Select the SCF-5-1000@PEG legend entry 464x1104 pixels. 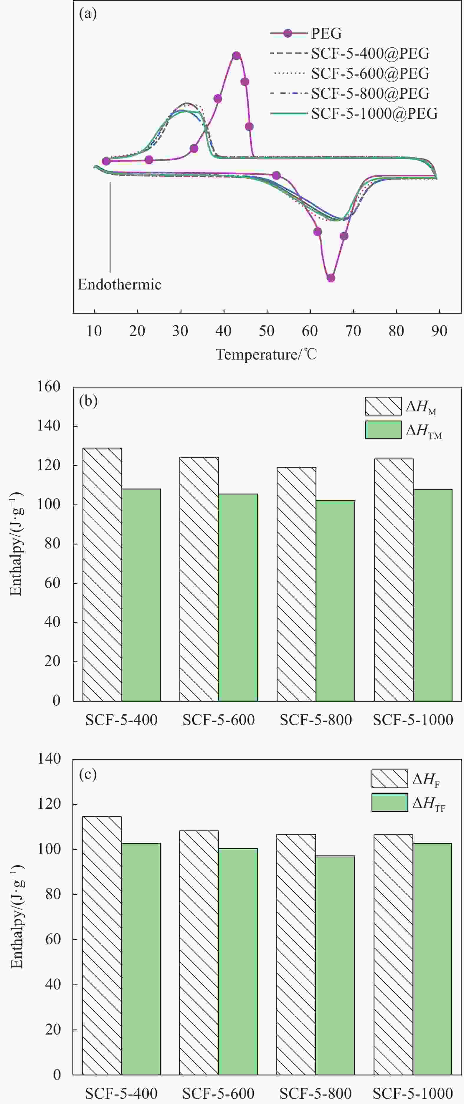click(374, 114)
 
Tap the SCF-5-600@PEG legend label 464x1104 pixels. click(370, 74)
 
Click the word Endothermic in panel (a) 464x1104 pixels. click(119, 284)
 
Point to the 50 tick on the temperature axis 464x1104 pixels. click(266, 331)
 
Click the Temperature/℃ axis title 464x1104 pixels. click(266, 355)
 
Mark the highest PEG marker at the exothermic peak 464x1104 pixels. click(236, 56)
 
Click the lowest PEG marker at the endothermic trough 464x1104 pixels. click(331, 278)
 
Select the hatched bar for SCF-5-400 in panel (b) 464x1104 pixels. click(102, 574)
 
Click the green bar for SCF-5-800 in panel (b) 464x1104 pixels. click(335, 600)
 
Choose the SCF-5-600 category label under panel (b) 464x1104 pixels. click(218, 720)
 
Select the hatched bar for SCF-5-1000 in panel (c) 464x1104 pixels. click(393, 955)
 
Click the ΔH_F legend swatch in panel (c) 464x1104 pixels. click(389, 779)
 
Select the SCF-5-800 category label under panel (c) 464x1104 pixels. click(316, 1093)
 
